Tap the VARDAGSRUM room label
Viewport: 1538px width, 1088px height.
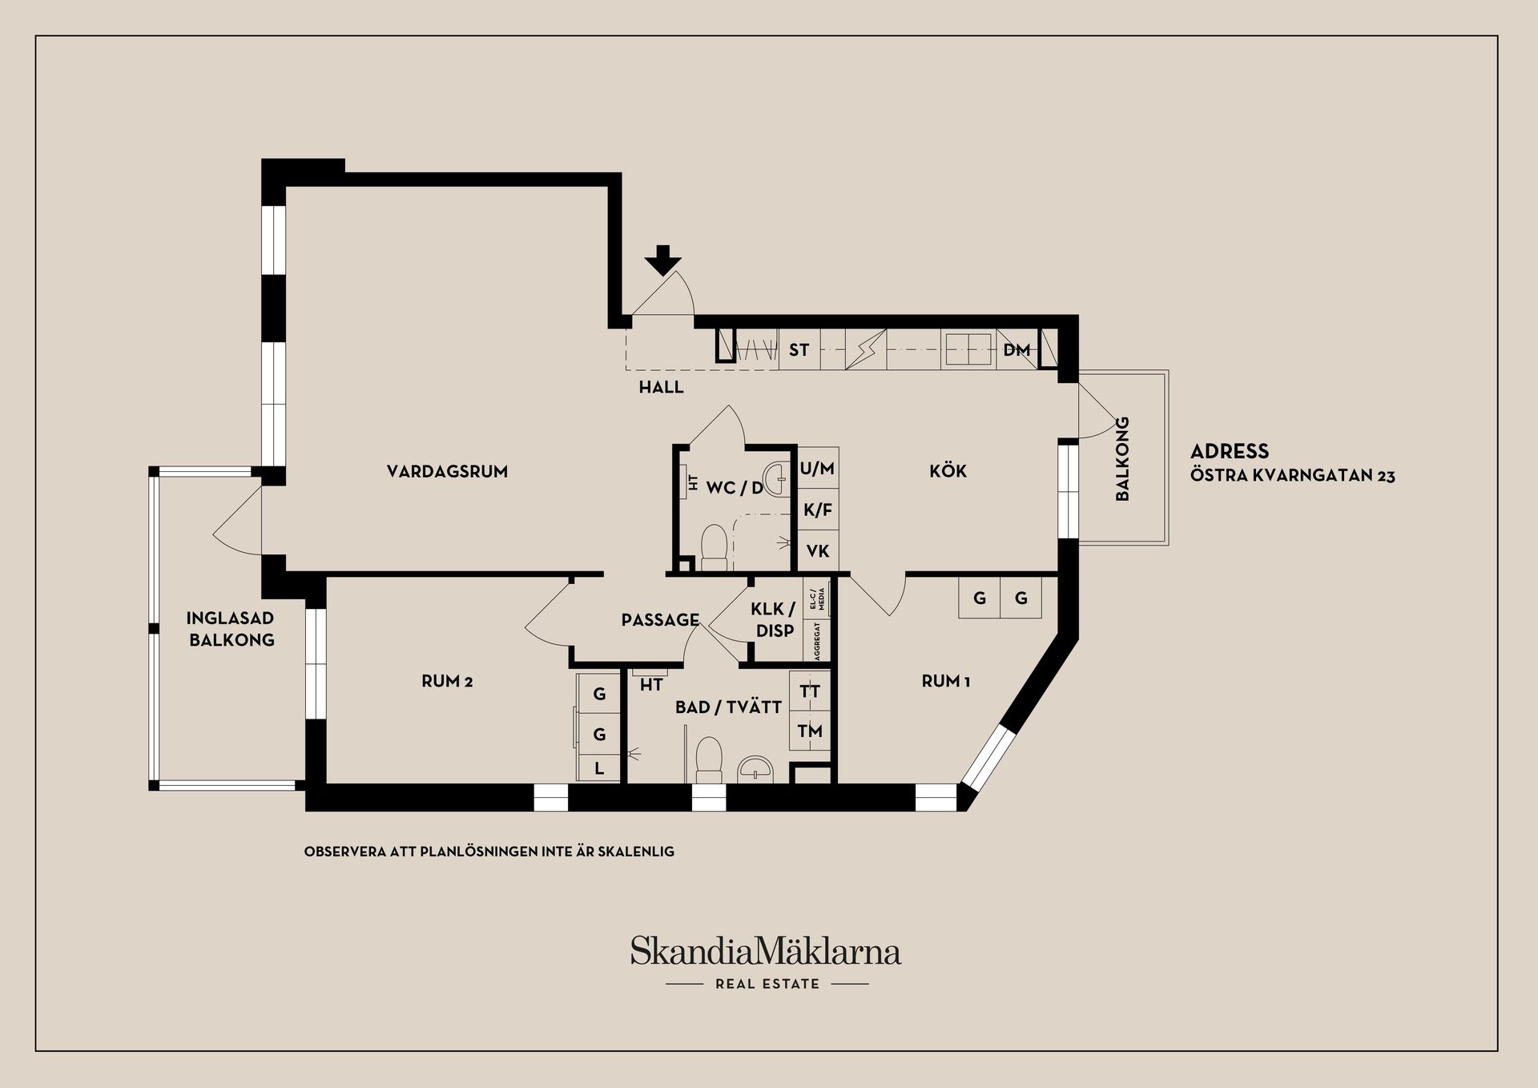tap(447, 471)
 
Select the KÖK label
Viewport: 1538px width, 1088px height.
tap(948, 470)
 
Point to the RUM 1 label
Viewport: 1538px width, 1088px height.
tap(946, 681)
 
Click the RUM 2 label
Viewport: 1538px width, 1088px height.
tap(447, 681)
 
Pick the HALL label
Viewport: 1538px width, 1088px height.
tap(661, 387)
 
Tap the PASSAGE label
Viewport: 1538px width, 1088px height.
tap(660, 619)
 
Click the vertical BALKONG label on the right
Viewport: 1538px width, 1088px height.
tap(1122, 458)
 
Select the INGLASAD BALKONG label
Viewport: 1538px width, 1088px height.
tap(231, 629)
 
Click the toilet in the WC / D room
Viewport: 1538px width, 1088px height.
tap(713, 545)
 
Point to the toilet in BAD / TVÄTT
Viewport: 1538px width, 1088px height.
tap(708, 759)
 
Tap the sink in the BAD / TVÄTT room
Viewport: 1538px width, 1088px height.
tap(755, 768)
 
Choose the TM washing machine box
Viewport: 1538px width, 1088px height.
tap(810, 731)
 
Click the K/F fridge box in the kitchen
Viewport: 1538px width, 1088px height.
tap(818, 510)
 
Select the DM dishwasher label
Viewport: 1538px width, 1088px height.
tap(1017, 350)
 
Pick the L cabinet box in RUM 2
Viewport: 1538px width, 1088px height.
tap(598, 768)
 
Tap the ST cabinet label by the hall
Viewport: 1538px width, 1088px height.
tap(799, 350)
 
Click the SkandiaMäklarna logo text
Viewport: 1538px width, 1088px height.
tap(765, 951)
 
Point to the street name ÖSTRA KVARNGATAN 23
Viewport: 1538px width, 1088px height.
tap(1292, 476)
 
